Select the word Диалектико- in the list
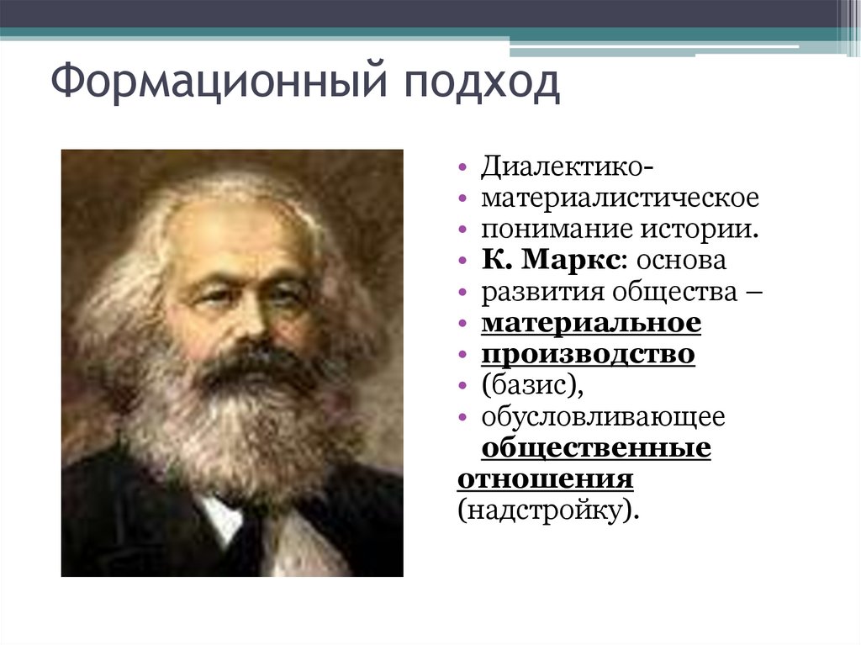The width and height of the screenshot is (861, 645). click(563, 167)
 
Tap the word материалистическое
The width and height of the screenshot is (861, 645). click(620, 198)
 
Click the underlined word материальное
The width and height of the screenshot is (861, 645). click(591, 323)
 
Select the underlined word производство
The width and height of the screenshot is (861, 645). click(588, 354)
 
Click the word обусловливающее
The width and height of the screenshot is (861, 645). click(603, 417)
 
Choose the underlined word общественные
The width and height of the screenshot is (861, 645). click(596, 448)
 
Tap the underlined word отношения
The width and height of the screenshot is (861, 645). click(545, 479)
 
